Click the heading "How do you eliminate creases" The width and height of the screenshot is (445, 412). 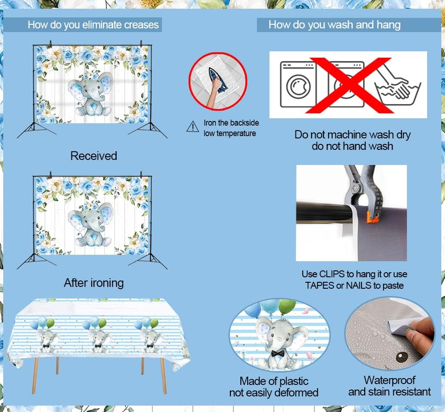(93, 25)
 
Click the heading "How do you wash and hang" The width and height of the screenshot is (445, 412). (334, 25)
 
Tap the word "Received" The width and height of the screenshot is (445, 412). (94, 156)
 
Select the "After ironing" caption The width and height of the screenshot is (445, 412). (94, 283)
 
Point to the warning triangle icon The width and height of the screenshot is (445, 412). (193, 126)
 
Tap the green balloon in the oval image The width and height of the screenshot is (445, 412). (286, 306)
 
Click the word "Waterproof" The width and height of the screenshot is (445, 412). (389, 380)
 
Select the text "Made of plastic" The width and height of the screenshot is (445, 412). (274, 381)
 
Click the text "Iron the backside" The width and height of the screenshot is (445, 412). (231, 123)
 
